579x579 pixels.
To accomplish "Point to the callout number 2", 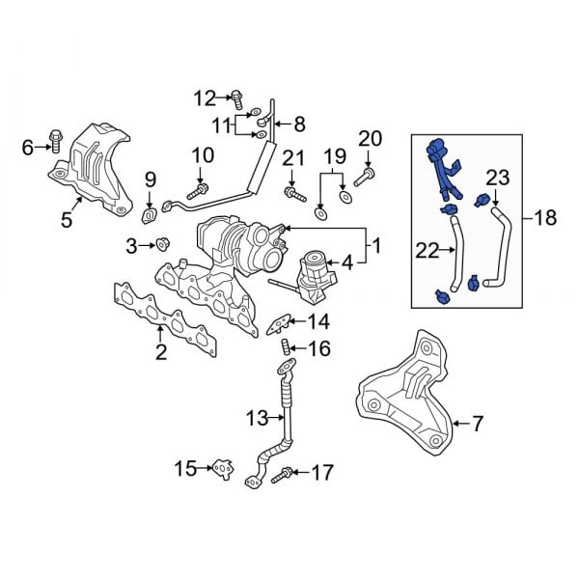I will (161, 352).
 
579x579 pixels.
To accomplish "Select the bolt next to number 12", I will (235, 96).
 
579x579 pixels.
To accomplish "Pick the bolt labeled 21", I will (289, 193).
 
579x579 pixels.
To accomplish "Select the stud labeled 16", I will (286, 347).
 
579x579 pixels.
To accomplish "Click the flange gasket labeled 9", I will (151, 213).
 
